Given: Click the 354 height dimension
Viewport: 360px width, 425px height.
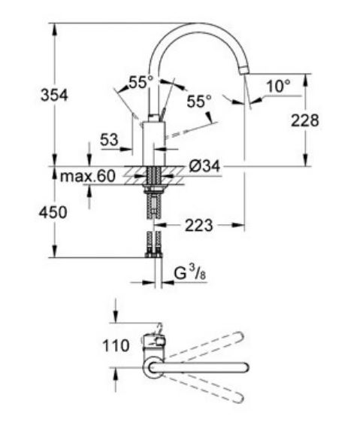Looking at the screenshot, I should pyautogui.click(x=54, y=95).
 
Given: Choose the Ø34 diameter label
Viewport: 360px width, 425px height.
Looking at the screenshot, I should pyautogui.click(x=206, y=166).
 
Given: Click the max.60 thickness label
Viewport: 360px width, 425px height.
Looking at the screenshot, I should pyautogui.click(x=87, y=177).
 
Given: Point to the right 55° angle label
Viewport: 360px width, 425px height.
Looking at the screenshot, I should pyautogui.click(x=199, y=100).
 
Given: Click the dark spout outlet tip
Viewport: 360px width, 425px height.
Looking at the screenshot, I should pyautogui.click(x=242, y=70).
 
